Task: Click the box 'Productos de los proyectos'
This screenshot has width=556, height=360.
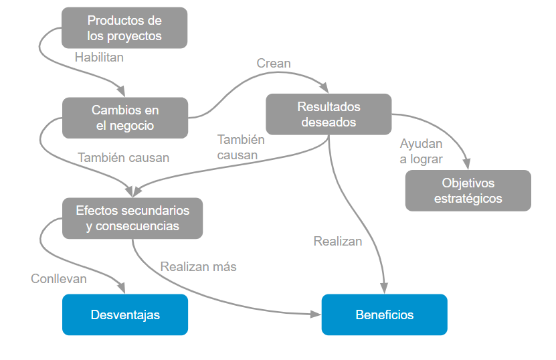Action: [124, 28]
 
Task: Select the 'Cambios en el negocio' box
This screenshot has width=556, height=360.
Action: [125, 118]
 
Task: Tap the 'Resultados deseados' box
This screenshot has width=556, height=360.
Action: [329, 114]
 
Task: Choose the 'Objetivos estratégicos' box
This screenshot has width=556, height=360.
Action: [468, 191]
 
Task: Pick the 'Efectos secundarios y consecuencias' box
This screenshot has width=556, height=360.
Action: [132, 218]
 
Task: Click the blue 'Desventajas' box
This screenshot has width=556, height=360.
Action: [125, 314]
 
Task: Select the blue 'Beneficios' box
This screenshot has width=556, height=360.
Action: [384, 314]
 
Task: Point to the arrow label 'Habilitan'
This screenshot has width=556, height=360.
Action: [99, 57]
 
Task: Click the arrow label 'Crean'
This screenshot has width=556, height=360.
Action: [274, 64]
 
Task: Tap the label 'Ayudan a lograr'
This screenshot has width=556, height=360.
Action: [422, 151]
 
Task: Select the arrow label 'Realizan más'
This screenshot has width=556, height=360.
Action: [198, 266]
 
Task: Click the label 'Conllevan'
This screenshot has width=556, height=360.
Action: [59, 278]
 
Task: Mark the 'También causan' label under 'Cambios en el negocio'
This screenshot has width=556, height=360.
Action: [124, 158]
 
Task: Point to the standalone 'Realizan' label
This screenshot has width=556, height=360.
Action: [338, 242]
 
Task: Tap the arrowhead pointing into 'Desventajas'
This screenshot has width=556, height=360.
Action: [122, 289]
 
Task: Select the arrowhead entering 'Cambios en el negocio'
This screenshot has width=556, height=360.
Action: [121, 92]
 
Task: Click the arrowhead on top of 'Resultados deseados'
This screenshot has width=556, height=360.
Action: [326, 89]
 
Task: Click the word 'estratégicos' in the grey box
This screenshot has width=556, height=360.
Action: [468, 199]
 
